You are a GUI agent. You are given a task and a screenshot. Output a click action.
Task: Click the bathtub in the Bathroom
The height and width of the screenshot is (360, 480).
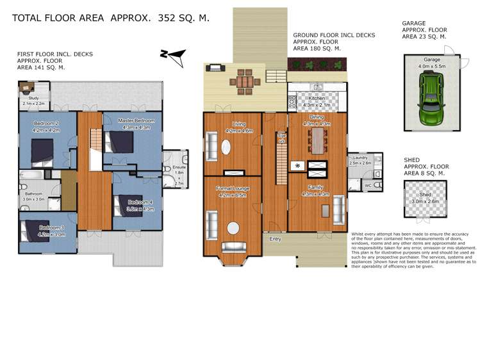pos(31,174)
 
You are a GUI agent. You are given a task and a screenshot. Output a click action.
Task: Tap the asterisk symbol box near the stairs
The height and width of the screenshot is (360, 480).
pos(297,166)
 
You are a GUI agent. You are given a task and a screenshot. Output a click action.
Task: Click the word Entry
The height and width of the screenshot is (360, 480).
pos(275,239)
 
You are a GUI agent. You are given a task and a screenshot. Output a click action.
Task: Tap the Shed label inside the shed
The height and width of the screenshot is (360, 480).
pos(425,195)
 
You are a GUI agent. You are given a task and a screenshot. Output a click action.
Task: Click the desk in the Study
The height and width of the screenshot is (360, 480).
pos(26,85)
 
